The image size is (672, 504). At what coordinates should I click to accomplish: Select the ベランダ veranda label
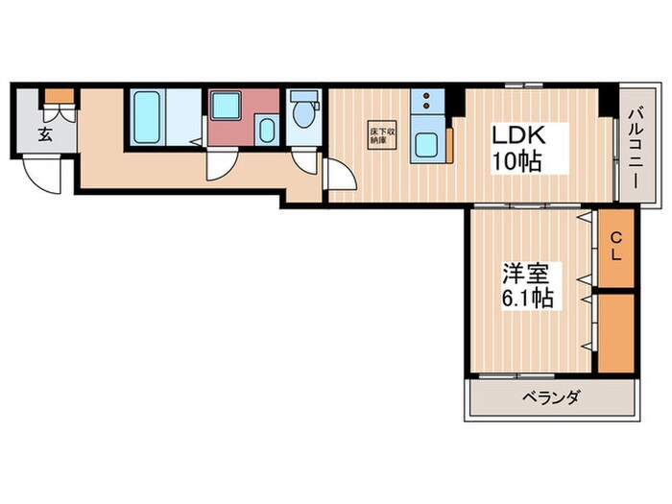[551, 397]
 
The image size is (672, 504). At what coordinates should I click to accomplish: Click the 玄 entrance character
[45, 134]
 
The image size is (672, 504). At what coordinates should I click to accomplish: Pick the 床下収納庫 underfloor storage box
[378, 136]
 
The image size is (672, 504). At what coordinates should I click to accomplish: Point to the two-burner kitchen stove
[425, 101]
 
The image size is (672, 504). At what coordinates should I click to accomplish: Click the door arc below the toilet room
[306, 160]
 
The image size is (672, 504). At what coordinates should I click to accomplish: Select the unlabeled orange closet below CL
[616, 331]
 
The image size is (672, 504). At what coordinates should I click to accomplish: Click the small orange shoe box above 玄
[58, 94]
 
